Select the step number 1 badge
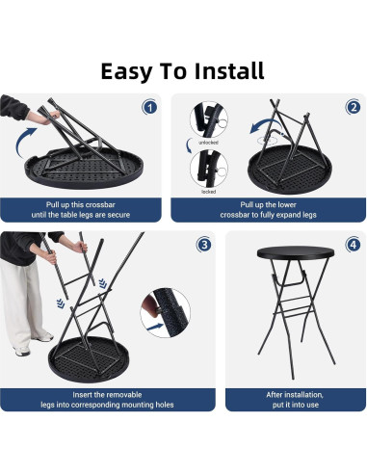tap(149, 107)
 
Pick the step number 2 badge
tap(353, 107)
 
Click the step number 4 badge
tap(352, 245)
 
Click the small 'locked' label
tap(209, 191)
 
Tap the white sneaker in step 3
tap(42, 336)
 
